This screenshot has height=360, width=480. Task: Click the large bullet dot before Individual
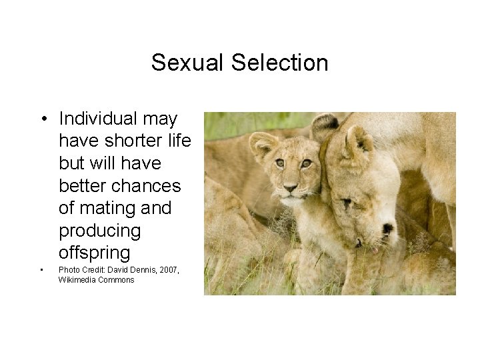(x=42, y=119)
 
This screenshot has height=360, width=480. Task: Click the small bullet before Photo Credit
(x=41, y=270)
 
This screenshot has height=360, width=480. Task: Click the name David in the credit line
(x=123, y=269)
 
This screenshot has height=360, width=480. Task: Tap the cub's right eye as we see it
(x=307, y=163)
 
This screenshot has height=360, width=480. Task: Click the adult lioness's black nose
(x=387, y=229)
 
